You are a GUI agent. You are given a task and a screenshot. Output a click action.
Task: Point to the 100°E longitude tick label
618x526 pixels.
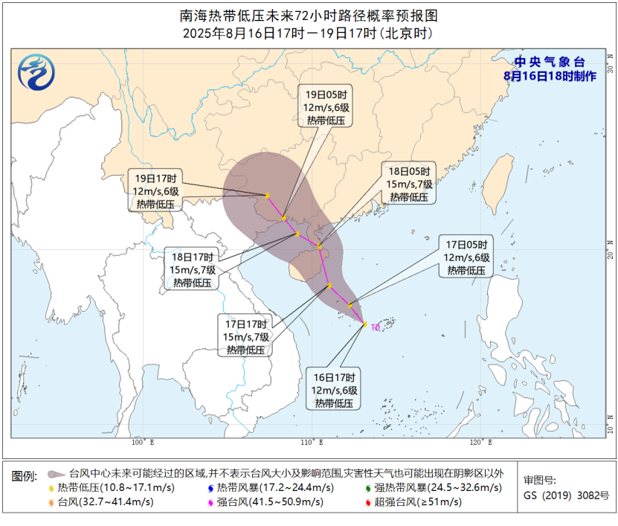coord(142,443)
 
